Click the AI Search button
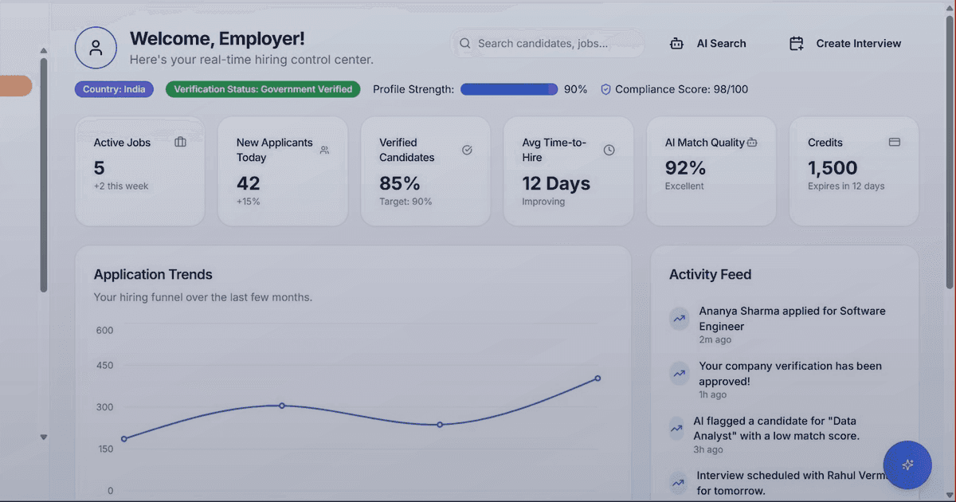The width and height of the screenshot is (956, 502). [708, 44]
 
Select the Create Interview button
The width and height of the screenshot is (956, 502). [845, 44]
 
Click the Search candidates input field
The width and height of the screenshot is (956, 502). [548, 44]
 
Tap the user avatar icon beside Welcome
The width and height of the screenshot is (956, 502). [96, 48]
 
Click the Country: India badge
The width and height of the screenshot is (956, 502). [114, 89]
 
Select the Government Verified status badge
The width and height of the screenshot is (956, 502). [263, 89]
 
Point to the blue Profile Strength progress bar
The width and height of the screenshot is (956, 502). [509, 89]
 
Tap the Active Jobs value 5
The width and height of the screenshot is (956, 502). [100, 168]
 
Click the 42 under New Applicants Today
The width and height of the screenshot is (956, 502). [249, 183]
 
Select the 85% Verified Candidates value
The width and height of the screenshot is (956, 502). [400, 183]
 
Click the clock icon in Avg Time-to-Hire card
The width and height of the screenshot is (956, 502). [609, 150]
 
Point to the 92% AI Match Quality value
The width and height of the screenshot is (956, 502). [686, 168]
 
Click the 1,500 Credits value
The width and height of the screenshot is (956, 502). [833, 168]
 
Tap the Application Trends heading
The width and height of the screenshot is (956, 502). [153, 275]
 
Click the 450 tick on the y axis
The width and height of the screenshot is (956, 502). [104, 366]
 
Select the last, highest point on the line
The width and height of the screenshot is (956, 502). [597, 378]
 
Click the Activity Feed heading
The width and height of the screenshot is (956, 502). [710, 275]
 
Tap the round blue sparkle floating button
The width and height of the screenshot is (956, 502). [907, 465]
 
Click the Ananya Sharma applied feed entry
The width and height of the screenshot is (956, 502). [791, 319]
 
